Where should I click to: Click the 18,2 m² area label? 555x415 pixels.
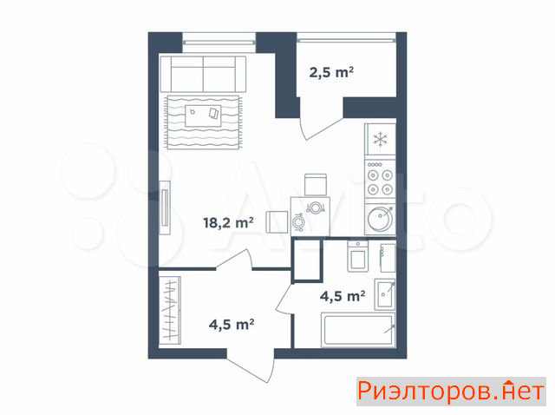tap(228, 223)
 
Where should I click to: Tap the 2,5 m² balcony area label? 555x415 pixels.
tap(331, 72)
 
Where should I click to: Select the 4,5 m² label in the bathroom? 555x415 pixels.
tap(343, 296)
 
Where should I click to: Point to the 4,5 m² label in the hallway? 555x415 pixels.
tap(232, 325)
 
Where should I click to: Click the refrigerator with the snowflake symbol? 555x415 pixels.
tap(380, 139)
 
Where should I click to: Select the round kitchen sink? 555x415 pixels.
tap(380, 219)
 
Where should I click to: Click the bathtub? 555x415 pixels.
tap(358, 330)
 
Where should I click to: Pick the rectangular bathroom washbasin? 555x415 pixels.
tap(385, 294)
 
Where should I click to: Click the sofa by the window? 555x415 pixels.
tap(203, 74)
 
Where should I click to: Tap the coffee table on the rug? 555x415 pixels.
tap(203, 115)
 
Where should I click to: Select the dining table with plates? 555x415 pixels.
tap(310, 216)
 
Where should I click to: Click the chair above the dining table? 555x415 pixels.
tap(316, 185)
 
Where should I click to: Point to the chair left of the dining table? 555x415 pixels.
tap(277, 222)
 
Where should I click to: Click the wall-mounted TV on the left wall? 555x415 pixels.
tap(165, 207)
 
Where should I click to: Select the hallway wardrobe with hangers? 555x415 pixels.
tap(170, 311)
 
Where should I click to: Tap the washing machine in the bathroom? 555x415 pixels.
tap(358, 256)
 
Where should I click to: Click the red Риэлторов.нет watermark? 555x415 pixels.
tap(451, 392)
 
